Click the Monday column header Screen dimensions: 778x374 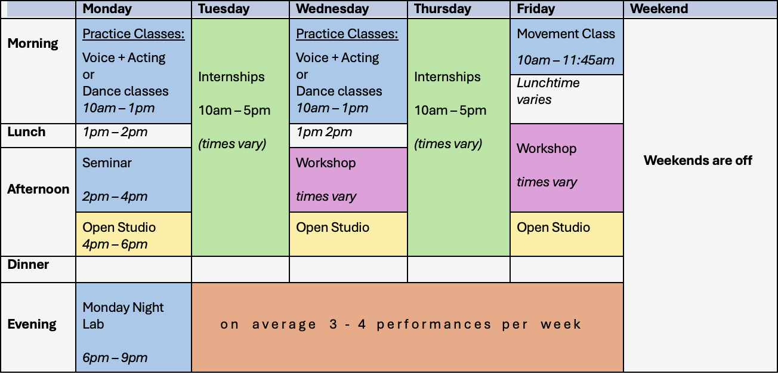click(107, 9)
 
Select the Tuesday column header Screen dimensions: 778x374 click(224, 9)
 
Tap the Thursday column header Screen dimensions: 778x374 click(443, 9)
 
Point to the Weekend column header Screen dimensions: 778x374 click(659, 9)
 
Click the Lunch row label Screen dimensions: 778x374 click(26, 132)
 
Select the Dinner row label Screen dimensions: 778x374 click(28, 265)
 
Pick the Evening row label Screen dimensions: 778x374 click(32, 324)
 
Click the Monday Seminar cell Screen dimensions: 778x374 click(134, 180)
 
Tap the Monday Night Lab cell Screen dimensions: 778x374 click(134, 327)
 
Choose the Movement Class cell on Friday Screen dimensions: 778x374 click(567, 47)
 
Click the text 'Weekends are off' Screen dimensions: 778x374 click(698, 160)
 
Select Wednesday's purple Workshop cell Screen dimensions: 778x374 click(348, 180)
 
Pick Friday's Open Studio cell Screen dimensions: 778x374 click(567, 234)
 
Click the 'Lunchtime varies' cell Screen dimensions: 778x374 click(567, 99)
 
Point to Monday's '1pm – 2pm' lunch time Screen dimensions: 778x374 click(115, 132)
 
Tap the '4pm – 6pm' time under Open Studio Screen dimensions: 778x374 click(115, 244)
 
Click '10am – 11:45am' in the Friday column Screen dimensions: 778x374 click(566, 60)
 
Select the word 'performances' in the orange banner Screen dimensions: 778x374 click(434, 324)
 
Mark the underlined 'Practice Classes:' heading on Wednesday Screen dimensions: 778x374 click(347, 33)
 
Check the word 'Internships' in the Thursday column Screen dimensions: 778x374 click(447, 77)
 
